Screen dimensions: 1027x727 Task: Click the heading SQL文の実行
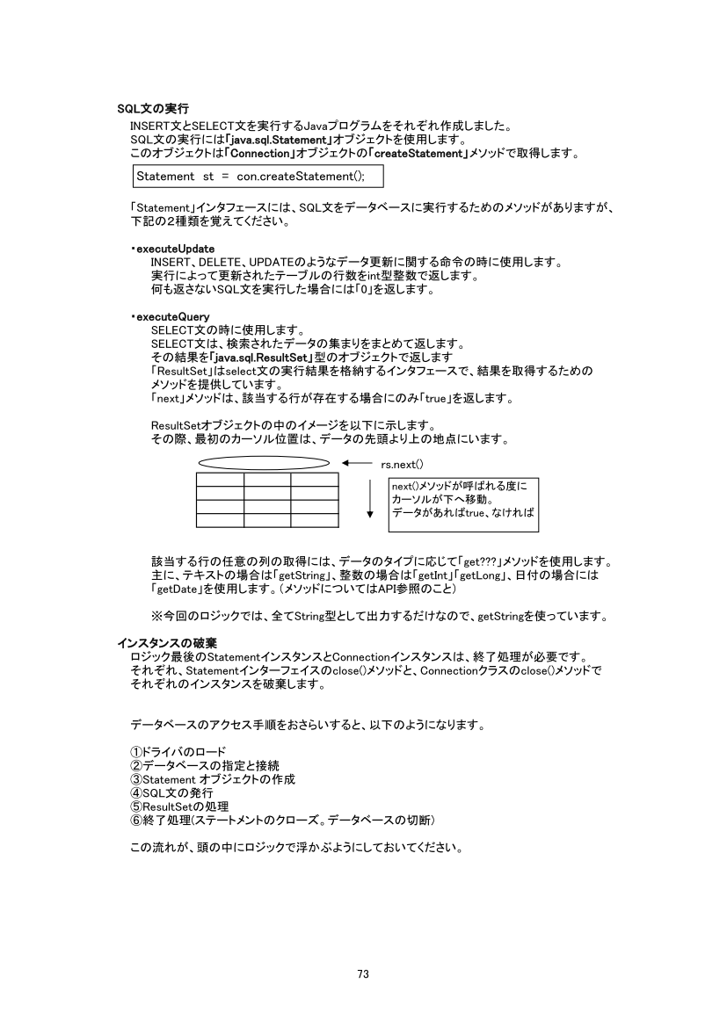(x=153, y=110)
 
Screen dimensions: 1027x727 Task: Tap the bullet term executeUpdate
(x=176, y=250)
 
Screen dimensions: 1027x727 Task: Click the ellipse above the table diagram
(x=264, y=463)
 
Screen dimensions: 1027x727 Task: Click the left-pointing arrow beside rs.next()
(x=358, y=463)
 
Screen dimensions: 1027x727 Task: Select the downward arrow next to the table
(x=370, y=500)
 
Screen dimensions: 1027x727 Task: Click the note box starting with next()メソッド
(x=462, y=504)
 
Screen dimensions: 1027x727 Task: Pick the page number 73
(x=363, y=973)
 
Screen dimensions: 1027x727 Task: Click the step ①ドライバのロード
(x=178, y=752)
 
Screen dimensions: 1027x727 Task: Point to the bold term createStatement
(x=419, y=153)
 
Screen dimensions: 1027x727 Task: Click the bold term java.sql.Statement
(x=278, y=140)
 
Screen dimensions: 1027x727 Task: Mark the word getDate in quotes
(x=175, y=589)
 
